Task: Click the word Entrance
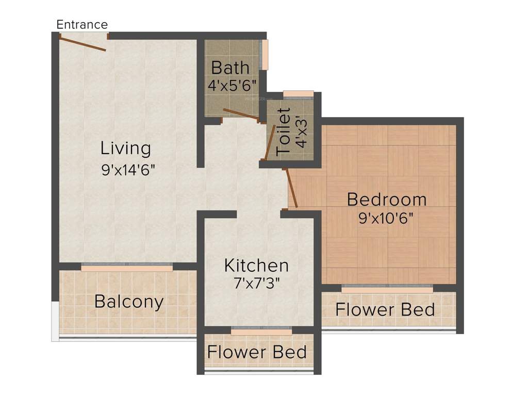coord(82,24)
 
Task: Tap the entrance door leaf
coord(83,43)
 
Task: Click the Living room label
coord(126,148)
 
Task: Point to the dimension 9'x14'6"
coord(128,170)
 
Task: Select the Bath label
coord(230,68)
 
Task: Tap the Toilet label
coord(284,132)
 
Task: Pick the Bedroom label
coord(387,199)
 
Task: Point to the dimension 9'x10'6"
coord(386,218)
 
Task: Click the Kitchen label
coord(256,266)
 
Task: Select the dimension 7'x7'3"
coord(256,283)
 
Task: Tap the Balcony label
coord(129,301)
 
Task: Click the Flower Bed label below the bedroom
coord(385,310)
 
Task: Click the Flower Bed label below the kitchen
coord(257,352)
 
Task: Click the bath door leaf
coord(241,115)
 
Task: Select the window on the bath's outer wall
coord(265,54)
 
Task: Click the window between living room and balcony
coord(127,268)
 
